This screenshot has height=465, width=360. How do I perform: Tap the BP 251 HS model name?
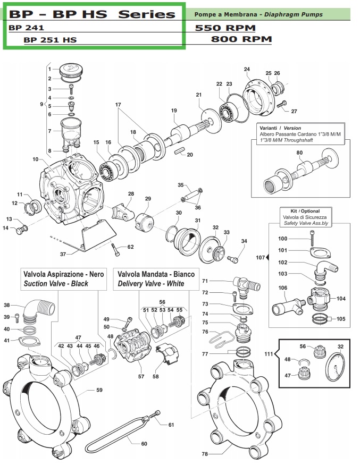(50, 39)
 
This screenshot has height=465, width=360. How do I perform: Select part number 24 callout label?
(247, 70)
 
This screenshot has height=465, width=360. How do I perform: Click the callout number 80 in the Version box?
(299, 153)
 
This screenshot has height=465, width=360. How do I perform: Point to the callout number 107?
(260, 258)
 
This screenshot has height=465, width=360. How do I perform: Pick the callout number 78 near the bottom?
(205, 454)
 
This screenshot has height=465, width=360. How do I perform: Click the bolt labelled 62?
(115, 248)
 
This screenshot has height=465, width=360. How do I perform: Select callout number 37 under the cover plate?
(63, 254)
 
